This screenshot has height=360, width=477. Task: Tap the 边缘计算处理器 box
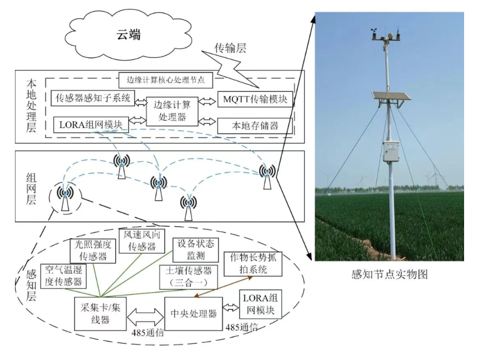pyautogui.click(x=172, y=110)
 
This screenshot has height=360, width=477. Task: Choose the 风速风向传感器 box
pyautogui.click(x=138, y=241)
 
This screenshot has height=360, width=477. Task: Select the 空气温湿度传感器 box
pyautogui.click(x=63, y=276)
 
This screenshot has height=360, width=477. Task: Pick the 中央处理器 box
pyautogui.click(x=194, y=313)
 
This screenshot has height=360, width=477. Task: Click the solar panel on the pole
pyautogui.click(x=391, y=97)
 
